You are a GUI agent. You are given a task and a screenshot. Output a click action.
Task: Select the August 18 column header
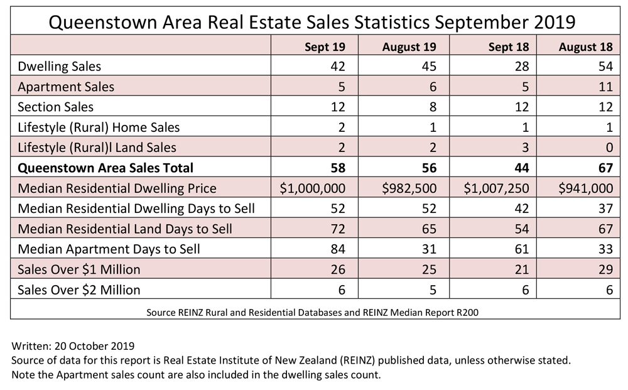pos(587,47)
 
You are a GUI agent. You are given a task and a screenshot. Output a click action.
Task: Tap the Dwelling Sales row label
pos(60,66)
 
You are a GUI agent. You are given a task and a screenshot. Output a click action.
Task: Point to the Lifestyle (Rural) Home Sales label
pos(99,127)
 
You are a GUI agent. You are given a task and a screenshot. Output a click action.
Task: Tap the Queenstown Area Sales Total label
pos(106,168)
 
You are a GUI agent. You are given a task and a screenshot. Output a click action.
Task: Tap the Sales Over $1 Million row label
pos(79,269)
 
